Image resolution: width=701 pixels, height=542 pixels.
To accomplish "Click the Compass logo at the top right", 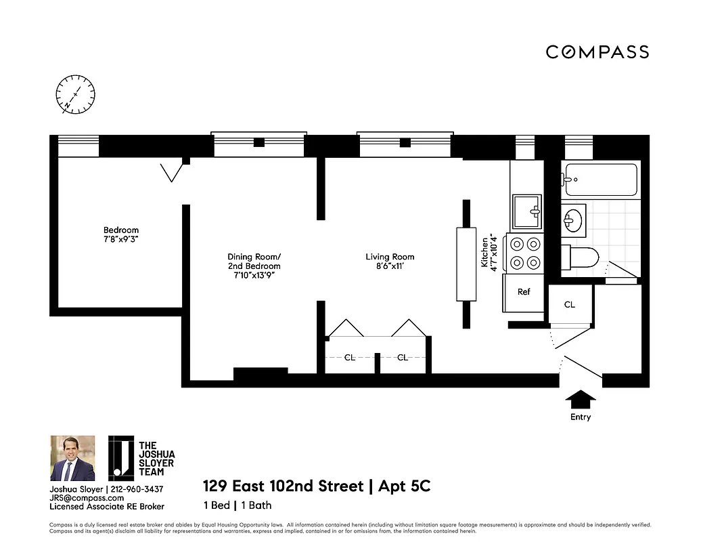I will (x=597, y=52).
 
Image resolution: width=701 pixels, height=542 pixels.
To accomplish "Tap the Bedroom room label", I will (x=121, y=230).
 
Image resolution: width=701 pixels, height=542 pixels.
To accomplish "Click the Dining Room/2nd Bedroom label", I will (x=254, y=257).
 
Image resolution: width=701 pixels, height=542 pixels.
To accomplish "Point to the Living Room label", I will (x=390, y=257).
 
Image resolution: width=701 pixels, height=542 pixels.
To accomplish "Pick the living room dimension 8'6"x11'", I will (x=390, y=266).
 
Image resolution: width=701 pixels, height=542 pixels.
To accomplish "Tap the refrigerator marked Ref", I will (x=524, y=293).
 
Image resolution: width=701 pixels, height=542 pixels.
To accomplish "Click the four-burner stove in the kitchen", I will (x=526, y=253).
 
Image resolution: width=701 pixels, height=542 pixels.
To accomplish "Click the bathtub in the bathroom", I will (x=601, y=180).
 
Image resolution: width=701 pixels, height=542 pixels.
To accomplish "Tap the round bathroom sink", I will (x=573, y=220).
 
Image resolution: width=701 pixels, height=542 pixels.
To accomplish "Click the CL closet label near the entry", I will (x=570, y=305).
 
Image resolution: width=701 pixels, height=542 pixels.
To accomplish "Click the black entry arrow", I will (x=580, y=398).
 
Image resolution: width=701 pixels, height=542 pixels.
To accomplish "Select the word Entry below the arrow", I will (x=580, y=417).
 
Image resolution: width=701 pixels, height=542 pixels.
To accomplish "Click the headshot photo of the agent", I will (x=72, y=459).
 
